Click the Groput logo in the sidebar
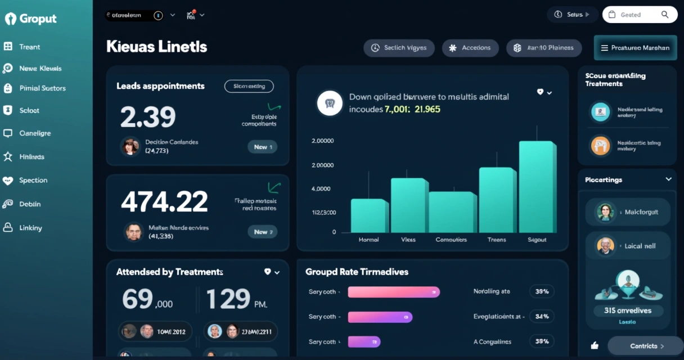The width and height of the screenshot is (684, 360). [x=31, y=19]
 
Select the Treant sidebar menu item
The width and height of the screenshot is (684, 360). [x=29, y=47]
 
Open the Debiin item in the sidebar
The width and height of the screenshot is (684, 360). [x=29, y=204]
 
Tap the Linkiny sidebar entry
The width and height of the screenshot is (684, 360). [x=30, y=228]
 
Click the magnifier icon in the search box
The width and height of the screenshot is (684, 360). [x=665, y=15]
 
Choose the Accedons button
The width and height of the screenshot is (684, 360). [x=470, y=48]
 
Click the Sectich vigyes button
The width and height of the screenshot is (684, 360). [x=399, y=48]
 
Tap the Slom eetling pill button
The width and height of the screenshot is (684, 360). [x=249, y=86]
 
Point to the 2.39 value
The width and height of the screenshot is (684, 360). [x=148, y=116]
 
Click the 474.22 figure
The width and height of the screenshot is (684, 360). [x=164, y=201]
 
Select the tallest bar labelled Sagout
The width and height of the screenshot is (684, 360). [x=537, y=187]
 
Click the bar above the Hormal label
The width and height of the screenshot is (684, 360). [x=369, y=215]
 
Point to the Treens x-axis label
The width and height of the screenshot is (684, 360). [x=497, y=240]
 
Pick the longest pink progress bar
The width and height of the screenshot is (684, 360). [x=394, y=292]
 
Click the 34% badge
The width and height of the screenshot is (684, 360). [x=542, y=316]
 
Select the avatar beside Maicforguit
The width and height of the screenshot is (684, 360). [x=605, y=212]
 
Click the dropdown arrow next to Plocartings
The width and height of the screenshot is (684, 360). [x=668, y=179]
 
